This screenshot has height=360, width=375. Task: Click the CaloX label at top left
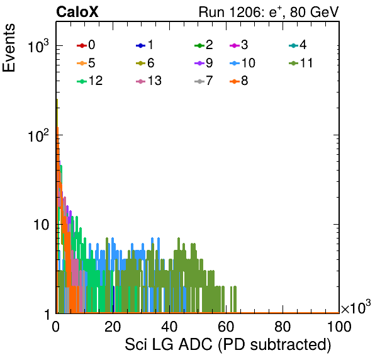(x=77, y=12)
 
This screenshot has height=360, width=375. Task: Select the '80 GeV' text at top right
(x=314, y=12)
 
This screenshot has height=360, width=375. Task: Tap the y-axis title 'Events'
(x=9, y=48)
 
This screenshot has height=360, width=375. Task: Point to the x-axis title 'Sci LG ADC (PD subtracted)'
(x=228, y=345)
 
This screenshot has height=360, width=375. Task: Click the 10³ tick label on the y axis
(x=38, y=46)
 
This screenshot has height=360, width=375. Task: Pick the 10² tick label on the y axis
(x=38, y=136)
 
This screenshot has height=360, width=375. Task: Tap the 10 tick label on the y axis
(x=41, y=225)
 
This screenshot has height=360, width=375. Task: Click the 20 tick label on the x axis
(x=113, y=326)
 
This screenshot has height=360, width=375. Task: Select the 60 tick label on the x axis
(x=226, y=326)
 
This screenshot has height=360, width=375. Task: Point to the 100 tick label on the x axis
(x=339, y=326)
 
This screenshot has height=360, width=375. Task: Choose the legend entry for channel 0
(x=86, y=45)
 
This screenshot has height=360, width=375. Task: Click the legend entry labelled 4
(x=298, y=45)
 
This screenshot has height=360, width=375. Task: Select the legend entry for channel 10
(x=242, y=63)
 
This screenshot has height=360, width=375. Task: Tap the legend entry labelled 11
(x=301, y=63)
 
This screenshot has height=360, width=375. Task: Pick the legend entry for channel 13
(x=148, y=81)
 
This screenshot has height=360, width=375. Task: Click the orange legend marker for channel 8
(x=235, y=81)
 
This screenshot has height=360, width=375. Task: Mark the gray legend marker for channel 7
(x=199, y=81)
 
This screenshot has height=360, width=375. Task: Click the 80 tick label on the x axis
(x=283, y=326)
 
